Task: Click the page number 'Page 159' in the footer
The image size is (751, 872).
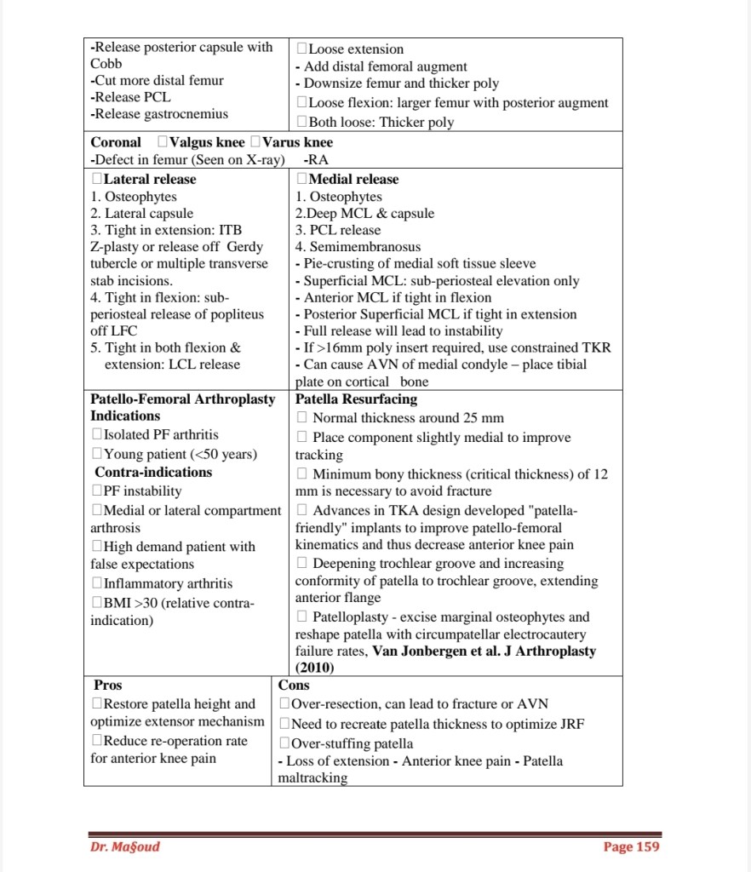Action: (630, 846)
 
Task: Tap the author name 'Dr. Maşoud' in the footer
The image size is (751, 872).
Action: (124, 846)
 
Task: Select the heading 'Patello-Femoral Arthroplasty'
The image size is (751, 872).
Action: (183, 399)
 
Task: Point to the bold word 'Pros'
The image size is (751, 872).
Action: (108, 685)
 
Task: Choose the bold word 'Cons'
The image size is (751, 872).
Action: (294, 685)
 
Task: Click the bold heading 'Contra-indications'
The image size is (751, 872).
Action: (153, 472)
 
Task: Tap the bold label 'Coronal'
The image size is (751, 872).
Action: (116, 142)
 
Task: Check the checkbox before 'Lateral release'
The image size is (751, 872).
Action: (96, 180)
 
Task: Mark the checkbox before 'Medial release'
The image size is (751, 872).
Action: (301, 180)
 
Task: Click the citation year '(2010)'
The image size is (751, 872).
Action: (315, 668)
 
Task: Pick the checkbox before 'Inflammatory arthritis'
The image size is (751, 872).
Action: (96, 584)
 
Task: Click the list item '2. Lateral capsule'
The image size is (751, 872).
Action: (142, 214)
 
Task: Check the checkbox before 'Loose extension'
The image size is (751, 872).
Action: (301, 49)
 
